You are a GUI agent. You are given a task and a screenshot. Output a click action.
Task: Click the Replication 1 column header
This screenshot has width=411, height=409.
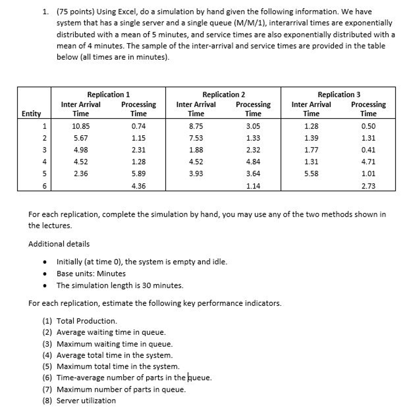(108, 94)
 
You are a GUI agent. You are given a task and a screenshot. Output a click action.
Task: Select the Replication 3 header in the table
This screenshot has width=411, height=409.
(339, 94)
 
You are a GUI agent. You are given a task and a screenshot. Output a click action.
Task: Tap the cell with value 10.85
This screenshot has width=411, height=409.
(80, 126)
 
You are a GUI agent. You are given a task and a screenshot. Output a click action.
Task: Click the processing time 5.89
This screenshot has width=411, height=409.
(138, 174)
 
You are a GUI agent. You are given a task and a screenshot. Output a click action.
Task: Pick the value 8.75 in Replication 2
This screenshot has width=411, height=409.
(195, 126)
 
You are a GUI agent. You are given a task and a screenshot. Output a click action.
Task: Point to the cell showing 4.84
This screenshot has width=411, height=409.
(253, 162)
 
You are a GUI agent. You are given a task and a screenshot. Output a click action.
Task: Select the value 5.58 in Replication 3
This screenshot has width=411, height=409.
(311, 174)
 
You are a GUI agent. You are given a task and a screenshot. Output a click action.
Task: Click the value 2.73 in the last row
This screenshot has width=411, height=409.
(368, 186)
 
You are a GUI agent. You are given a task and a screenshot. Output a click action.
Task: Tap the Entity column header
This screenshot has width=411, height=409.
(31, 114)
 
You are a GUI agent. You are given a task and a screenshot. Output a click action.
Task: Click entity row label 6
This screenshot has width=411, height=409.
(44, 186)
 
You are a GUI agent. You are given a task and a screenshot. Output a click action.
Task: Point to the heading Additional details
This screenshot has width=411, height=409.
(59, 244)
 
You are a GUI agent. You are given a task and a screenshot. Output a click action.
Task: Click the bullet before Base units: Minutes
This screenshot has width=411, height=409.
(45, 274)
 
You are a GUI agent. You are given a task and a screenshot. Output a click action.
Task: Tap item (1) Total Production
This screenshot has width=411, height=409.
(80, 321)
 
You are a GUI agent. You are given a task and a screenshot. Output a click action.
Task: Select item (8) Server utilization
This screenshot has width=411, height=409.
(79, 400)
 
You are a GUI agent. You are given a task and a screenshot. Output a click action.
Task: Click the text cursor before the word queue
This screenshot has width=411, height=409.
(188, 377)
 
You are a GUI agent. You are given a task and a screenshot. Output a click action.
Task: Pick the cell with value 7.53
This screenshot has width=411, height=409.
(195, 138)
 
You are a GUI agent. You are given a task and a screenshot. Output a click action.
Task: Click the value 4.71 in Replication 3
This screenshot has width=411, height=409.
(368, 162)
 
